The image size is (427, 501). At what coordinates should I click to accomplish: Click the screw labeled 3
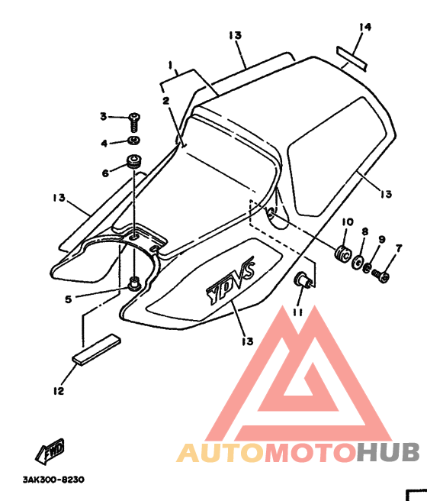click(134, 122)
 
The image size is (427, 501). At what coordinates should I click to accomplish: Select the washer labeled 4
click(134, 140)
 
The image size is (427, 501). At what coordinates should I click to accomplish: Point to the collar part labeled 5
click(134, 283)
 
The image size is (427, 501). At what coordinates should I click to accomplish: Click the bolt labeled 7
click(381, 276)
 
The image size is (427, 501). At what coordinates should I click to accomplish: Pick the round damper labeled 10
click(343, 253)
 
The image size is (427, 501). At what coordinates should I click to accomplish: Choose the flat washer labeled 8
click(357, 262)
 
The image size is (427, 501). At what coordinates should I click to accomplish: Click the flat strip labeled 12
click(97, 350)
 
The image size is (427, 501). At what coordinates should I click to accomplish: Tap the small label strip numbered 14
click(352, 59)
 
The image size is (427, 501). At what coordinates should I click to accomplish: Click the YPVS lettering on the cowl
click(231, 280)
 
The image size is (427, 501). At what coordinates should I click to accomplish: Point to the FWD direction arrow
click(50, 451)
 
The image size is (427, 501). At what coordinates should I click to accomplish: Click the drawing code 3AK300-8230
click(53, 480)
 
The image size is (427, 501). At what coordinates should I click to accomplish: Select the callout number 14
click(365, 27)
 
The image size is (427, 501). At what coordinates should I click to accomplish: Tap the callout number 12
click(59, 391)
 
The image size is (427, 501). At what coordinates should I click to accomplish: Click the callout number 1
click(171, 65)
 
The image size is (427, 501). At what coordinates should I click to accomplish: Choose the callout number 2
click(166, 101)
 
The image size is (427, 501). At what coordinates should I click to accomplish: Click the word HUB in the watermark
click(388, 452)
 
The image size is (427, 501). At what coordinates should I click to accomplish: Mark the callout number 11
click(298, 312)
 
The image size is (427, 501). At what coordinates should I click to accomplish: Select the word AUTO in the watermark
click(220, 452)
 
